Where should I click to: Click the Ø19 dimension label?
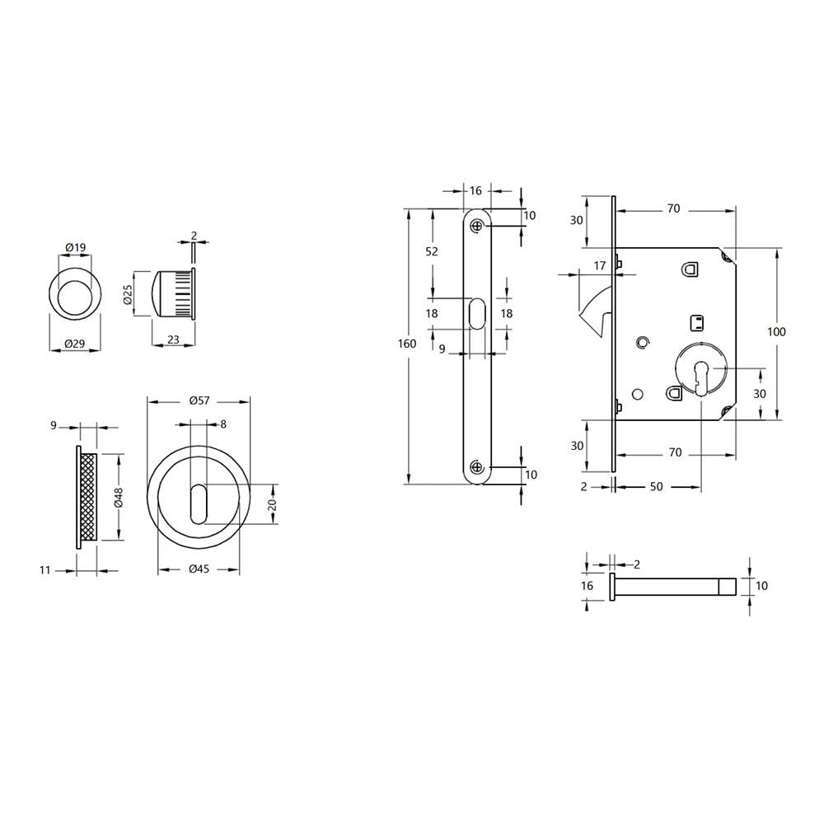point(76,247)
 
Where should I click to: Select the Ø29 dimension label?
point(75,344)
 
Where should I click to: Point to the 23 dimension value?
point(173,340)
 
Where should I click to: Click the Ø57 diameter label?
point(199,401)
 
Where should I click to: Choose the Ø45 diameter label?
point(199,569)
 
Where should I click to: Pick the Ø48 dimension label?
point(119,497)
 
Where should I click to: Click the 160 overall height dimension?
point(407,344)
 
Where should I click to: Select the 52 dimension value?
point(432,251)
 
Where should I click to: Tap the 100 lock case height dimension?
point(776,332)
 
